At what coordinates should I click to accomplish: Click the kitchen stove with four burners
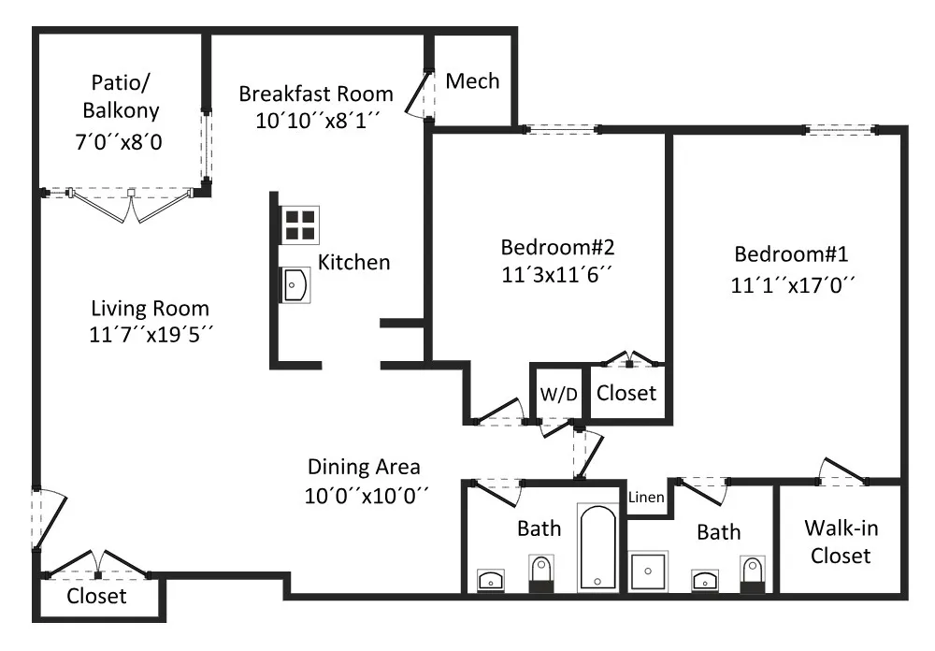click(299, 225)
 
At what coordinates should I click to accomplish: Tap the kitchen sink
click(295, 285)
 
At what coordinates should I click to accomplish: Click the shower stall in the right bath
click(648, 571)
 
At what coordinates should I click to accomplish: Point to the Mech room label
click(472, 81)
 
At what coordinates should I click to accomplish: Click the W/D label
click(559, 394)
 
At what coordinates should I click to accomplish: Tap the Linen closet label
click(646, 497)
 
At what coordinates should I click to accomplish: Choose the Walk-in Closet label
click(841, 542)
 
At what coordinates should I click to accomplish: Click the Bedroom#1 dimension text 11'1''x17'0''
click(793, 285)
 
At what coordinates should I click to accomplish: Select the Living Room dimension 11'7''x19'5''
click(151, 334)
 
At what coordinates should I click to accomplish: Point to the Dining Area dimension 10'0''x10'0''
click(367, 495)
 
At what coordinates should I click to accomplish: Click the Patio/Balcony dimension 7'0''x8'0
click(119, 142)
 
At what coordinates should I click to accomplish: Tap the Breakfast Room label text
click(316, 94)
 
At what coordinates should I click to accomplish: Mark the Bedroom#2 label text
click(557, 247)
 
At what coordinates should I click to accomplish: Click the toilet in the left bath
click(541, 573)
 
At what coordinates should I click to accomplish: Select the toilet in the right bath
click(752, 574)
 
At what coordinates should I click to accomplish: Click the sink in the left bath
click(491, 581)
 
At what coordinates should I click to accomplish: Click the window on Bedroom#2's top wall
click(561, 129)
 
